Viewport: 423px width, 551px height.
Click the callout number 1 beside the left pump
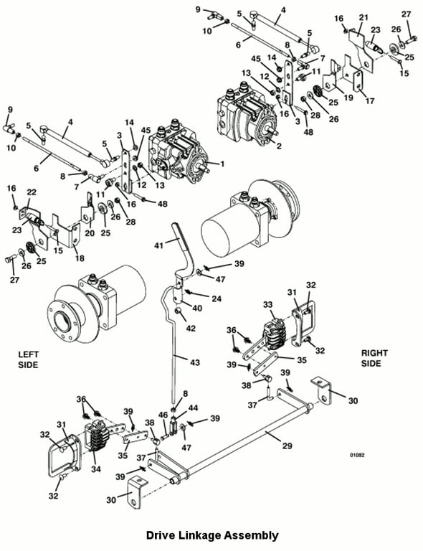click(x=222, y=164)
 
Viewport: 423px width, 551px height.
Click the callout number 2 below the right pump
click(x=279, y=146)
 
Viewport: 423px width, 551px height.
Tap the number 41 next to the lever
click(x=159, y=245)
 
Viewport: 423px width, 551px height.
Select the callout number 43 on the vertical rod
click(x=195, y=362)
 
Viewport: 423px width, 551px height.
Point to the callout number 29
click(x=287, y=446)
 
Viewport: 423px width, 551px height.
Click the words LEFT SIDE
click(x=29, y=359)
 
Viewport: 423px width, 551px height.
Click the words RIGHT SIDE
click(x=374, y=358)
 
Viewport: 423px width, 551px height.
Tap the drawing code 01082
click(x=357, y=455)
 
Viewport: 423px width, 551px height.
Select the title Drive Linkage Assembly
click(x=212, y=535)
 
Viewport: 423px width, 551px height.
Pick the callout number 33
click(x=268, y=305)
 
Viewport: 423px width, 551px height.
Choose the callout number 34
click(x=96, y=469)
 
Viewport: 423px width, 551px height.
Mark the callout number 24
click(x=217, y=298)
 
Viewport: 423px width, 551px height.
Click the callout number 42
click(x=191, y=328)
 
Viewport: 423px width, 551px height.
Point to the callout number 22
click(x=32, y=192)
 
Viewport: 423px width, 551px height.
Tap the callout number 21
click(x=363, y=17)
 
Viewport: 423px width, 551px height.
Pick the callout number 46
click(x=163, y=415)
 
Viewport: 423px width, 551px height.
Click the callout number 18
click(x=80, y=258)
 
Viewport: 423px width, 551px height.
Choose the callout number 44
click(x=193, y=408)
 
